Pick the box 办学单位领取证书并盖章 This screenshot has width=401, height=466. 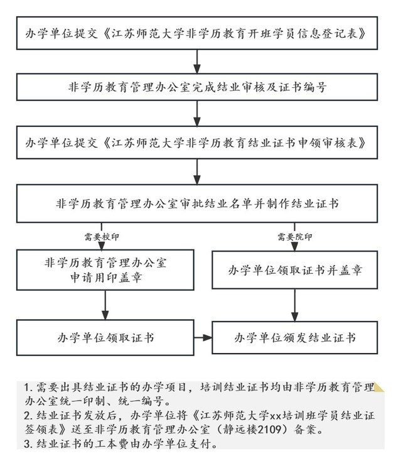pos(295,271)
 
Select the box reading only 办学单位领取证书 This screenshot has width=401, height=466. pos(105,338)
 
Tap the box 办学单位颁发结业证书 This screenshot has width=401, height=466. pos(295,338)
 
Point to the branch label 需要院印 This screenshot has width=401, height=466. pos(295,237)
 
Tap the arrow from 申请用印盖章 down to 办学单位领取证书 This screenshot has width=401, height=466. pos(105,306)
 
